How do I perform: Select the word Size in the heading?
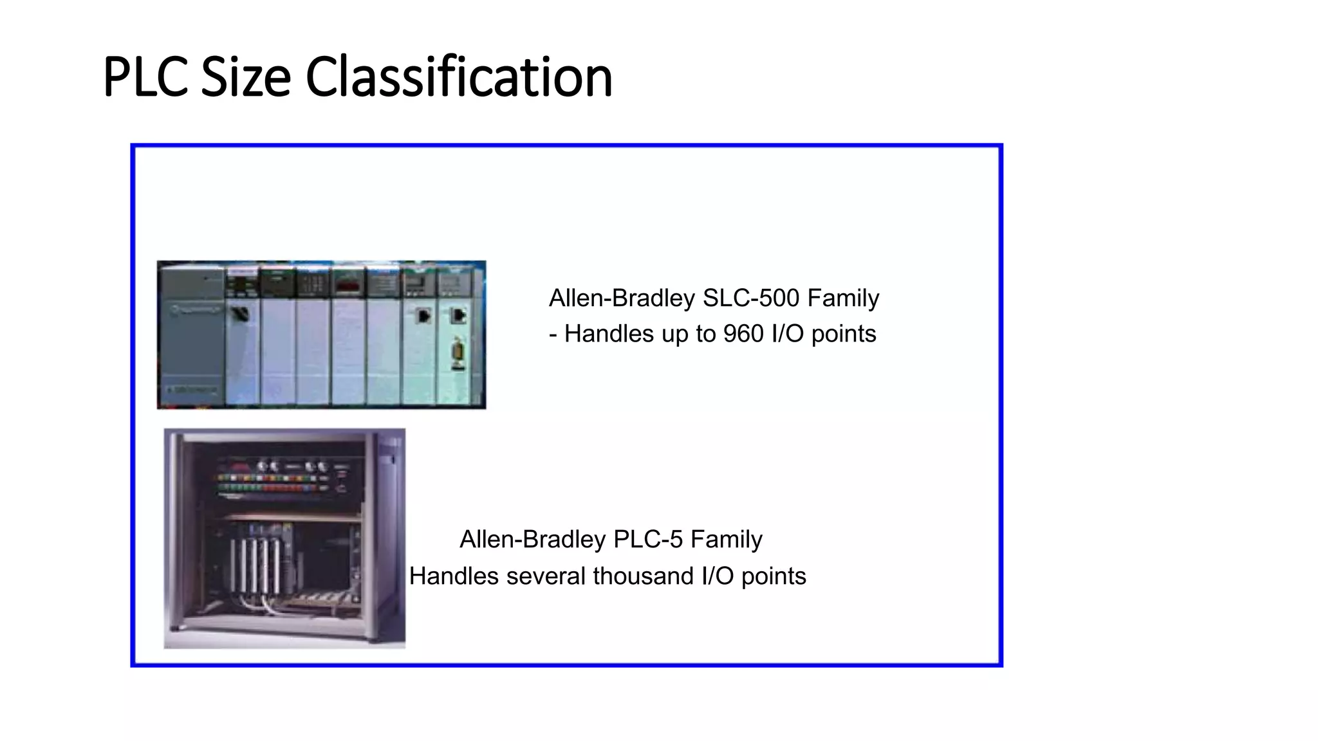[x=246, y=78]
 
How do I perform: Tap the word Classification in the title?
[x=458, y=78]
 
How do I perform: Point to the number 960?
[x=743, y=334]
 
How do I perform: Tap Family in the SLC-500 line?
[x=843, y=298]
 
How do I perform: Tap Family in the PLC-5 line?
[x=726, y=540]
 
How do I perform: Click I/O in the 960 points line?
[x=787, y=334]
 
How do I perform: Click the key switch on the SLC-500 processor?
[x=240, y=314]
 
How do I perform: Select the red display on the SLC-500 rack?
[x=348, y=284]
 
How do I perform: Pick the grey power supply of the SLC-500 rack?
[x=191, y=334]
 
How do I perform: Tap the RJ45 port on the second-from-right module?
[x=423, y=316]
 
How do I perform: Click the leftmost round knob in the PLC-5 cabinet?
[x=263, y=466]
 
